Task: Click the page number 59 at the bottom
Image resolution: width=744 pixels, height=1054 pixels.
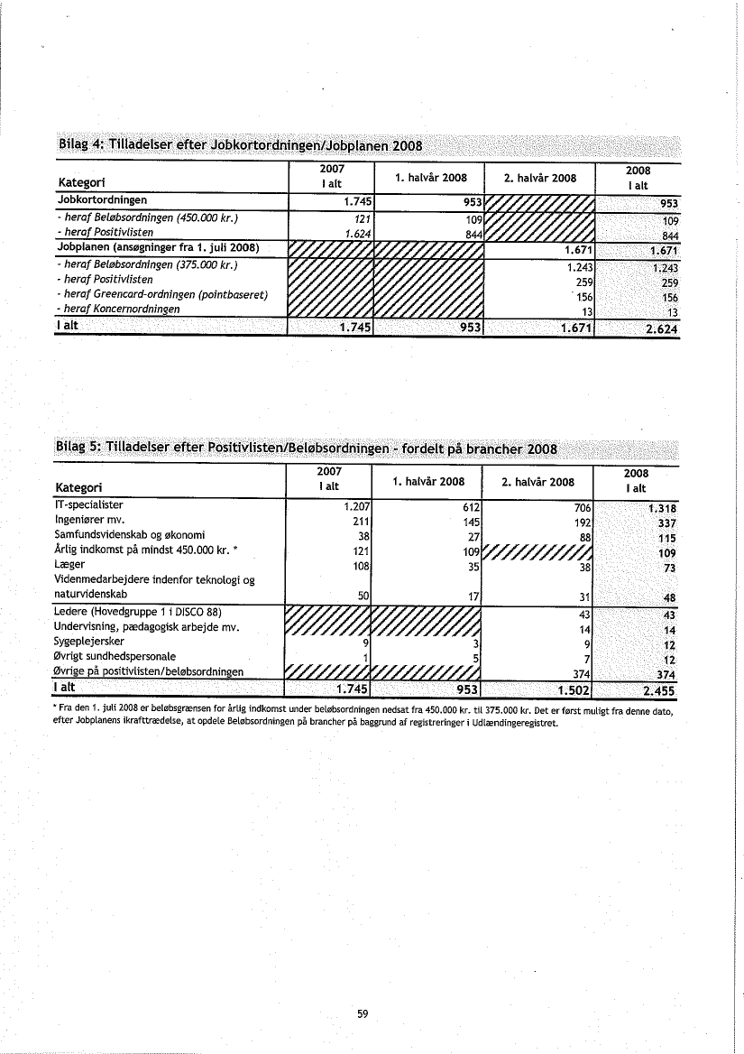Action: [x=363, y=1013]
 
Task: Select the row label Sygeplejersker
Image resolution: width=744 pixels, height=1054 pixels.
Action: [x=87, y=642]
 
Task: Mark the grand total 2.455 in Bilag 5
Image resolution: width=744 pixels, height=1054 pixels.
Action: [x=657, y=691]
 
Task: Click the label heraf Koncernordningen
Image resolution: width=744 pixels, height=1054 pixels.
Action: [x=117, y=309]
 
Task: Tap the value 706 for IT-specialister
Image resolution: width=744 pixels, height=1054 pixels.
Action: [x=579, y=507]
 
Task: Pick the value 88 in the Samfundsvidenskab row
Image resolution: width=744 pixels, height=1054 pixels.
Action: [x=583, y=536]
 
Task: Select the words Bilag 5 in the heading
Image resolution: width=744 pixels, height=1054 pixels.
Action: [x=78, y=448]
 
